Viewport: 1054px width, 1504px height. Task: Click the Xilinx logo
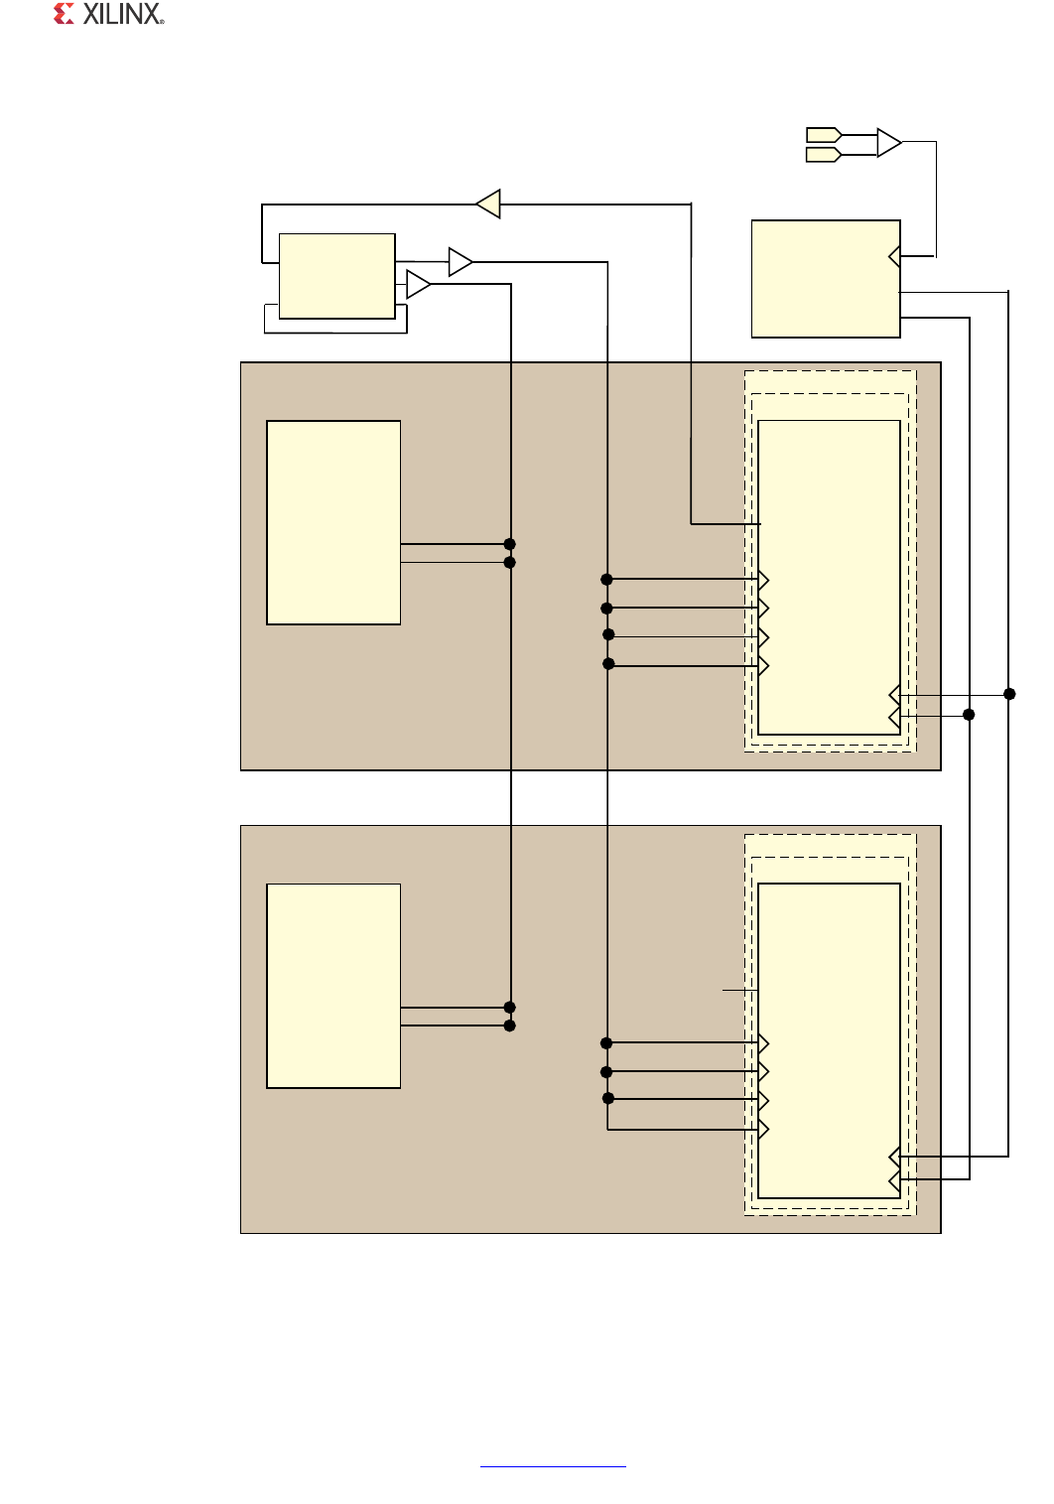coord(108,14)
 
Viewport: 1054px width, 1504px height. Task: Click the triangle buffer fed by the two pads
coord(888,143)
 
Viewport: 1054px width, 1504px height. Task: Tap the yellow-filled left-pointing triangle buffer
coord(489,204)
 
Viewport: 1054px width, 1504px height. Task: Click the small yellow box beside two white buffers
coord(337,276)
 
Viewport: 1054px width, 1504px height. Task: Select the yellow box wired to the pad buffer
coord(826,279)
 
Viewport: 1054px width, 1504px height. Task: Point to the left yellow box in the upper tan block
coord(333,522)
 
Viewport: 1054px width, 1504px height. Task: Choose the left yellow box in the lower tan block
coord(333,986)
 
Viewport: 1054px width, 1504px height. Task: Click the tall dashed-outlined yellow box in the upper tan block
coord(829,577)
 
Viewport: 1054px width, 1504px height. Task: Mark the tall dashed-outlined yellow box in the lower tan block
coord(829,1040)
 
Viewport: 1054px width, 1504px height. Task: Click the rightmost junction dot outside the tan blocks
coord(1009,694)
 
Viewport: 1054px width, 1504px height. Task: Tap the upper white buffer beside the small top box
coord(460,262)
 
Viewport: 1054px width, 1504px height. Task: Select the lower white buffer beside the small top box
coord(418,285)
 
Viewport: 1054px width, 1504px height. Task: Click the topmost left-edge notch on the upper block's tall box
coord(763,580)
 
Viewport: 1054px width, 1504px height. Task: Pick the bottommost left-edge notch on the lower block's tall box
coord(763,1129)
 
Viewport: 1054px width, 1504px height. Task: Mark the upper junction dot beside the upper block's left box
coord(510,544)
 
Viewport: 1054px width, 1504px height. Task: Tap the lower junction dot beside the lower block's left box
coord(510,1025)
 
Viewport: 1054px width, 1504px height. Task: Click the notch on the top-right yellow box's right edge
coord(894,257)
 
